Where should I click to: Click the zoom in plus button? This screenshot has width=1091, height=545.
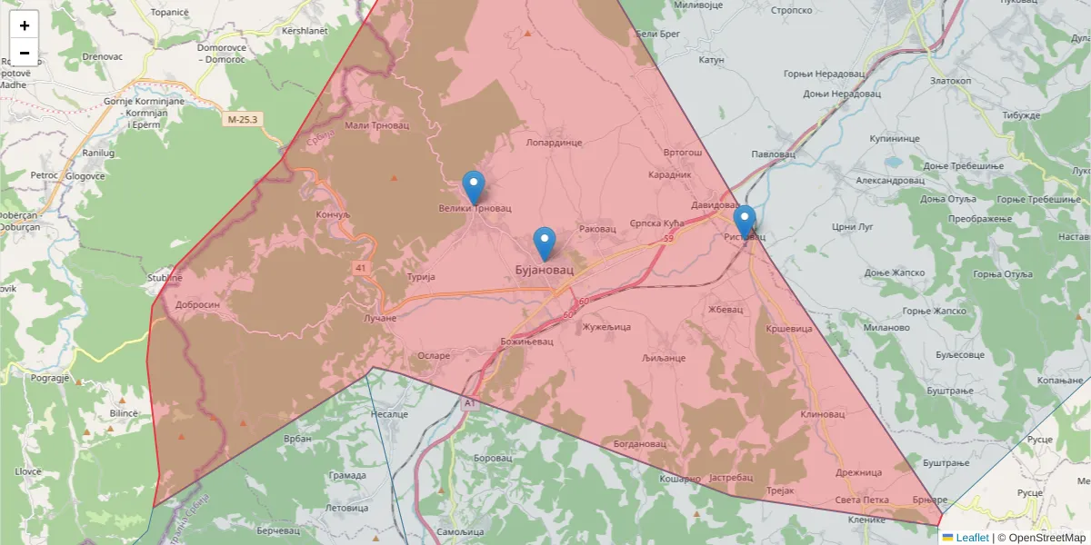pyautogui.click(x=25, y=25)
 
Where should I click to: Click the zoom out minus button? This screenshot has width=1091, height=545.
pyautogui.click(x=25, y=53)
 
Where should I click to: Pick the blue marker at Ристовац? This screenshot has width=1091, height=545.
pyautogui.click(x=745, y=222)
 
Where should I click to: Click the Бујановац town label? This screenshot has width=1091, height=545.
pyautogui.click(x=545, y=271)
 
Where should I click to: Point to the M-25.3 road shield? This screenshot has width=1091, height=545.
pyautogui.click(x=243, y=119)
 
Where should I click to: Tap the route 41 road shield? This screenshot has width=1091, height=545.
pyautogui.click(x=362, y=268)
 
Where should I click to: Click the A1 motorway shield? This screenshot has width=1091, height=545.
pyautogui.click(x=469, y=401)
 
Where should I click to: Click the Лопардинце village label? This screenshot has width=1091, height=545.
pyautogui.click(x=554, y=143)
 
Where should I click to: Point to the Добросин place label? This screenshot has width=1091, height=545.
pyautogui.click(x=197, y=305)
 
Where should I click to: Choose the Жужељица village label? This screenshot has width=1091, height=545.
pyautogui.click(x=606, y=327)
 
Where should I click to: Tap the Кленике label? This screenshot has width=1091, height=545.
pyautogui.click(x=866, y=520)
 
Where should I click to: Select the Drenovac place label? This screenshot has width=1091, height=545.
pyautogui.click(x=102, y=56)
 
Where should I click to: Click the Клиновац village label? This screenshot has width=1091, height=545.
pyautogui.click(x=823, y=414)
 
